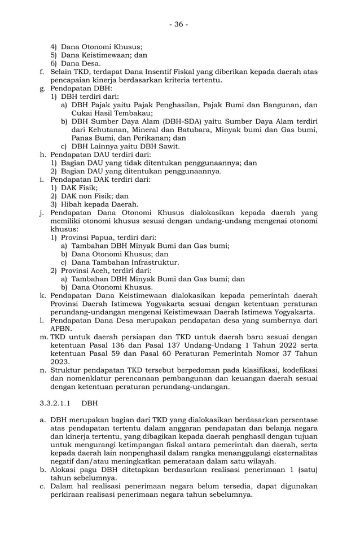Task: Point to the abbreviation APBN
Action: pos(61,328)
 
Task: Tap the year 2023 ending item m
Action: pos(60,361)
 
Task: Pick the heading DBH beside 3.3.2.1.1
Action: pos(90,404)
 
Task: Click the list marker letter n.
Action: pos(43,370)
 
